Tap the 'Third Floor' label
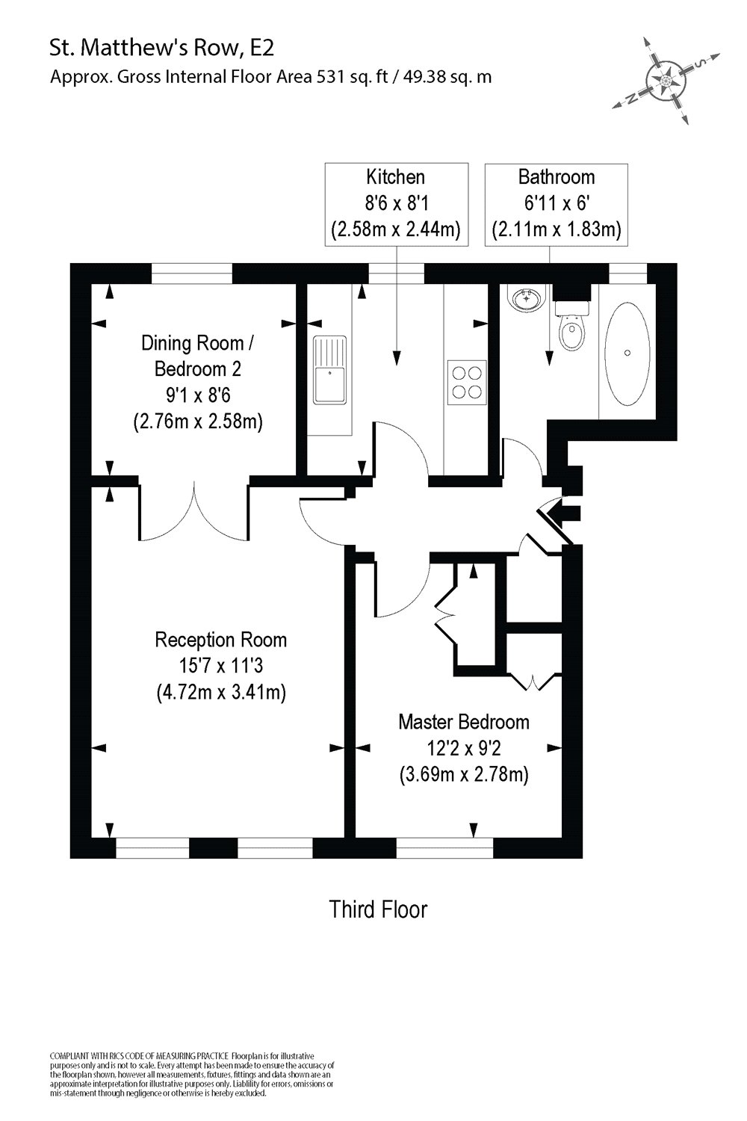(x=378, y=910)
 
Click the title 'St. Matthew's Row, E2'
(x=162, y=49)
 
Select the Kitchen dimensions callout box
(x=396, y=203)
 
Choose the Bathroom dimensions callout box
(x=557, y=203)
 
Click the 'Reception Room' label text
(x=220, y=640)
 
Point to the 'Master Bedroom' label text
(x=463, y=722)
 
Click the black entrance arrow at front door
(x=562, y=513)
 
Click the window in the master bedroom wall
(x=444, y=847)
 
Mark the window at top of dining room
(x=191, y=274)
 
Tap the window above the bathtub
(x=627, y=274)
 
